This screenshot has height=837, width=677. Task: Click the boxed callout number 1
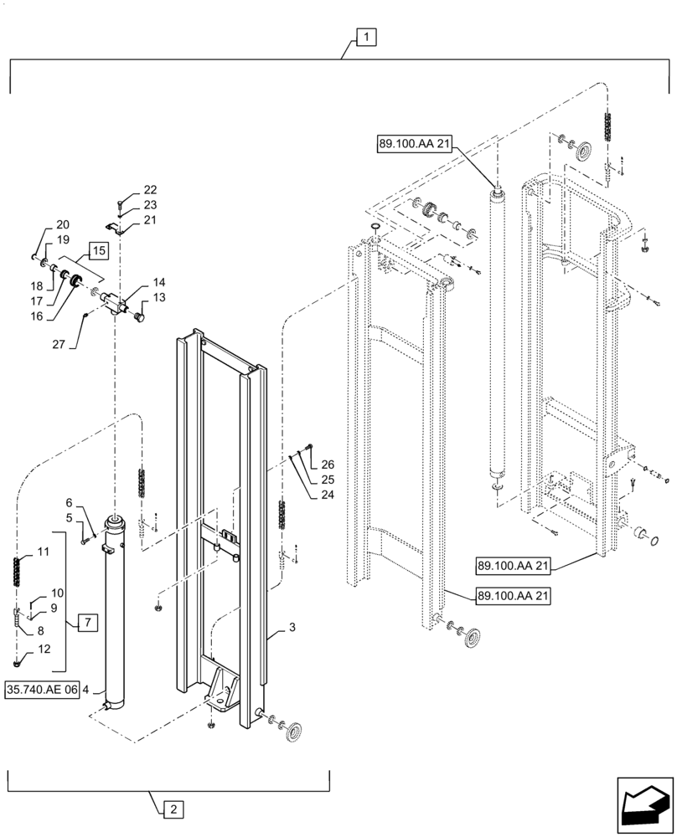pyautogui.click(x=367, y=36)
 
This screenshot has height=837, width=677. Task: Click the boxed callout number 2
pyautogui.click(x=170, y=809)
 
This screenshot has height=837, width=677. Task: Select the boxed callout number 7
pyautogui.click(x=89, y=622)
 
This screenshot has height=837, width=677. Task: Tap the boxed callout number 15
pyautogui.click(x=96, y=249)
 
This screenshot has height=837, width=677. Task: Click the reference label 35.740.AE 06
pyautogui.click(x=47, y=691)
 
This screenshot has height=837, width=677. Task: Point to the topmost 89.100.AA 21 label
pyautogui.click(x=415, y=145)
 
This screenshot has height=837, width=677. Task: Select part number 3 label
pyautogui.click(x=292, y=626)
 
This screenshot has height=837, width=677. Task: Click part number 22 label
pyautogui.click(x=149, y=190)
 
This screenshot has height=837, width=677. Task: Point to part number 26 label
pyautogui.click(x=327, y=465)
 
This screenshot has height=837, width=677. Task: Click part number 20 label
pyautogui.click(x=64, y=225)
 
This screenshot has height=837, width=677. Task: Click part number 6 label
pyautogui.click(x=70, y=502)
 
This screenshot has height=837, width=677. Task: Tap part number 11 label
pyautogui.click(x=44, y=552)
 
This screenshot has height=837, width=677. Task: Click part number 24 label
pyautogui.click(x=327, y=495)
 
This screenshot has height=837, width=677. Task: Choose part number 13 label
pyautogui.click(x=158, y=298)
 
